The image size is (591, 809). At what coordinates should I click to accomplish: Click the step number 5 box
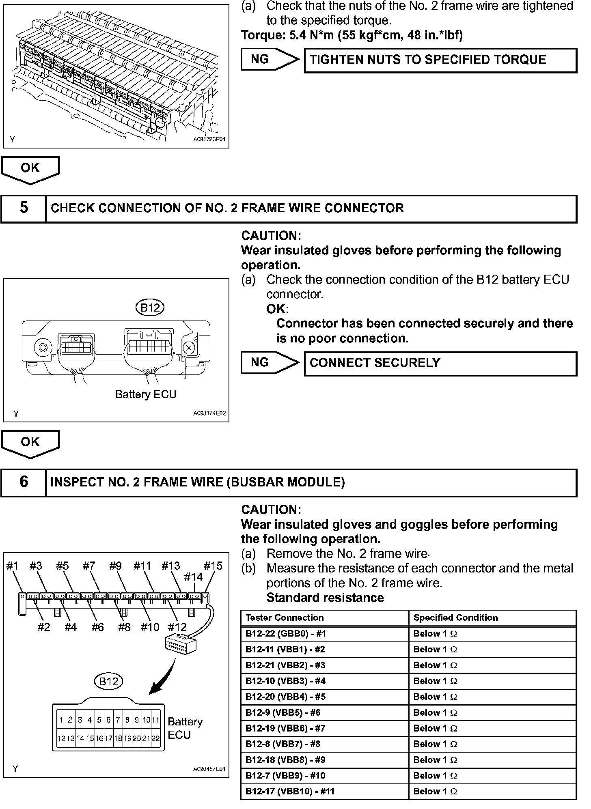pos(24,209)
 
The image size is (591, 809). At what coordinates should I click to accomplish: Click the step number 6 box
pos(24,482)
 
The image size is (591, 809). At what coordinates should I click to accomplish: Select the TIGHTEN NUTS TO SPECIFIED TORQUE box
pos(440,60)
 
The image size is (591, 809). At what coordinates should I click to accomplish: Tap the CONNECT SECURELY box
pos(440,363)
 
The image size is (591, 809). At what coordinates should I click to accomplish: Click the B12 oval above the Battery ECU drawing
pos(150,308)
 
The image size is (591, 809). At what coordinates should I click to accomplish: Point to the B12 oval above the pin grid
pos(108,681)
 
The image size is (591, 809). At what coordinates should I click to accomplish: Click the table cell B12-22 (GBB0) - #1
pos(324,634)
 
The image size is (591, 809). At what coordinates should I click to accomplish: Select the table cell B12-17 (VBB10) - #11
pos(324,791)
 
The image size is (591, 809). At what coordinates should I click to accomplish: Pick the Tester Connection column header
pos(324,618)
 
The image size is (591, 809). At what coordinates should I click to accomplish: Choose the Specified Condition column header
pos(492,618)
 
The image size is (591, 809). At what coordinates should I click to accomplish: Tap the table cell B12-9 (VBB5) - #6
pos(324,712)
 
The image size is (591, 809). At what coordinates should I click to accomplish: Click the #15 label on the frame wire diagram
pos(213,566)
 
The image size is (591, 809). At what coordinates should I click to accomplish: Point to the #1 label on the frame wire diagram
pos(13,566)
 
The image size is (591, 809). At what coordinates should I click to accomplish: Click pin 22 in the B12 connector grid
pos(155,739)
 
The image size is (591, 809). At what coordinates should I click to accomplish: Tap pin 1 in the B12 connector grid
pos(61,720)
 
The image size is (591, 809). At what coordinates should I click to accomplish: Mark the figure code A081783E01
pos(209,139)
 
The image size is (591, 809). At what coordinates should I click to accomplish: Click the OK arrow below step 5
pos(30,444)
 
